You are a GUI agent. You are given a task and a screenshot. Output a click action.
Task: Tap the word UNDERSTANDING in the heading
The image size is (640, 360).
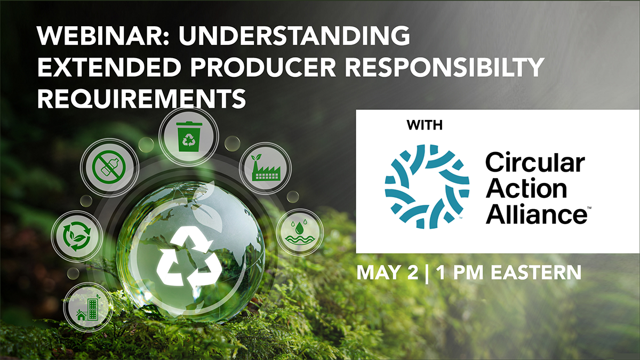(294, 36)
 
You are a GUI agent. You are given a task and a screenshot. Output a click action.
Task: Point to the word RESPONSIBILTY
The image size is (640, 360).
(444, 67)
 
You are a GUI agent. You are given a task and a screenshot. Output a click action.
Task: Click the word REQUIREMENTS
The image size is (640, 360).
(142, 99)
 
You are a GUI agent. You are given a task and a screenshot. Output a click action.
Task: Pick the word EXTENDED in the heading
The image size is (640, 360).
(109, 67)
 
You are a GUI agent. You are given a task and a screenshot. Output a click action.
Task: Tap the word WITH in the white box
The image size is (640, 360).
(425, 125)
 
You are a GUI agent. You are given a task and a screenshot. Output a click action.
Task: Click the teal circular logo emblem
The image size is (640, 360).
(427, 187)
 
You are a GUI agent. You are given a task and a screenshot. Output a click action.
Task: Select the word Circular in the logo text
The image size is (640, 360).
(535, 162)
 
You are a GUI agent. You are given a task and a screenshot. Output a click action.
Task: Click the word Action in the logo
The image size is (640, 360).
(526, 189)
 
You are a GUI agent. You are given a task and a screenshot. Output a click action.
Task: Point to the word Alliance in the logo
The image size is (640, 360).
(537, 214)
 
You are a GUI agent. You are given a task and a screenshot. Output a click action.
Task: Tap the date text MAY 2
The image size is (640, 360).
(387, 273)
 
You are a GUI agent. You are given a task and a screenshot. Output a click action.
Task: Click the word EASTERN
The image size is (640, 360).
(536, 273)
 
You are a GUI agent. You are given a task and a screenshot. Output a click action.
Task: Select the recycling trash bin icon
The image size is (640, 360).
(189, 137)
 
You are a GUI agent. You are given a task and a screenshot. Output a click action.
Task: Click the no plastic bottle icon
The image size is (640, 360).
(109, 167)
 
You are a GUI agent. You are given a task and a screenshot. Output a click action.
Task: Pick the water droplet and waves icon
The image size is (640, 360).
(300, 232)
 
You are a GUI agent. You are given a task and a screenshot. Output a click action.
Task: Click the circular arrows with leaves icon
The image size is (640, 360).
(77, 236)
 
